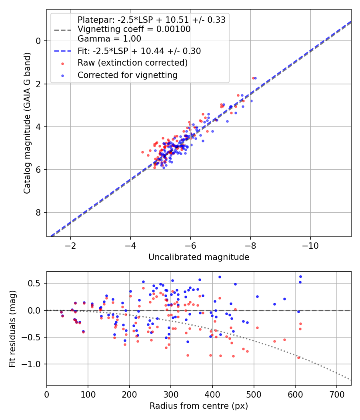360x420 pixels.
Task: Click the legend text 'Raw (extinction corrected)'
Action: (132, 63)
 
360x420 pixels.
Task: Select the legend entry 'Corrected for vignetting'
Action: (128, 75)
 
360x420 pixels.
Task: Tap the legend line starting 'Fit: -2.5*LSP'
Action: (139, 51)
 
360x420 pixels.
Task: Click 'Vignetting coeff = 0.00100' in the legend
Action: (134, 29)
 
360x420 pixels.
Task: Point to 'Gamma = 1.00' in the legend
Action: (109, 38)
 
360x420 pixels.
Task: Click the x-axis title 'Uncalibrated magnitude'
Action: (199, 257)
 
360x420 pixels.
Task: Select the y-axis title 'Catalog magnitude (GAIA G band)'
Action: (27, 123)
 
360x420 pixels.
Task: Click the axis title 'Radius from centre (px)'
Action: (199, 406)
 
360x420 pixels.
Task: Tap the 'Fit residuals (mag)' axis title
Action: (12, 329)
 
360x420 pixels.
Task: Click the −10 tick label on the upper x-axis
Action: (310, 246)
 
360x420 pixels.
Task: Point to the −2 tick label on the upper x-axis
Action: (70, 246)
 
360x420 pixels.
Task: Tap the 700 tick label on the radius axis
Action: (337, 394)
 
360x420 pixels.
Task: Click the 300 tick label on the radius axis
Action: (171, 394)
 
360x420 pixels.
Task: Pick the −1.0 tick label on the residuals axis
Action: (31, 364)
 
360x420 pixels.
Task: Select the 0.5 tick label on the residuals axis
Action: (34, 283)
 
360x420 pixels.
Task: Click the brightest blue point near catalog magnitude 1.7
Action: (255, 78)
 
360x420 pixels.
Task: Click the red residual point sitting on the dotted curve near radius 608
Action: (299, 358)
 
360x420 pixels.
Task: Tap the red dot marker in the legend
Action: (63, 64)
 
